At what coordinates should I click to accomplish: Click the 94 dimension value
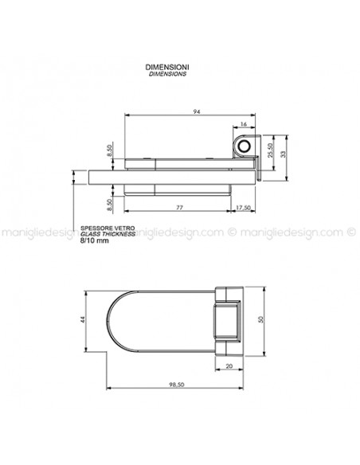click(x=197, y=111)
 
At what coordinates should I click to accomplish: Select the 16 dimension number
click(x=243, y=124)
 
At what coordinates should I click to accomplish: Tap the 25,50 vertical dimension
click(x=270, y=150)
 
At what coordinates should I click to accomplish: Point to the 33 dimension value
click(x=284, y=154)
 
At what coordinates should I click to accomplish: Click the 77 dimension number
click(x=180, y=207)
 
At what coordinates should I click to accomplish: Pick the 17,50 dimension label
click(x=243, y=208)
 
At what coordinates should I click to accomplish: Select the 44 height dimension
click(x=83, y=319)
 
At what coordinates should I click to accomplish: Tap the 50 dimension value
click(x=260, y=320)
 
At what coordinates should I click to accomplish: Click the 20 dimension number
click(x=229, y=366)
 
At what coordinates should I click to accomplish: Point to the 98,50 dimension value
click(x=177, y=385)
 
